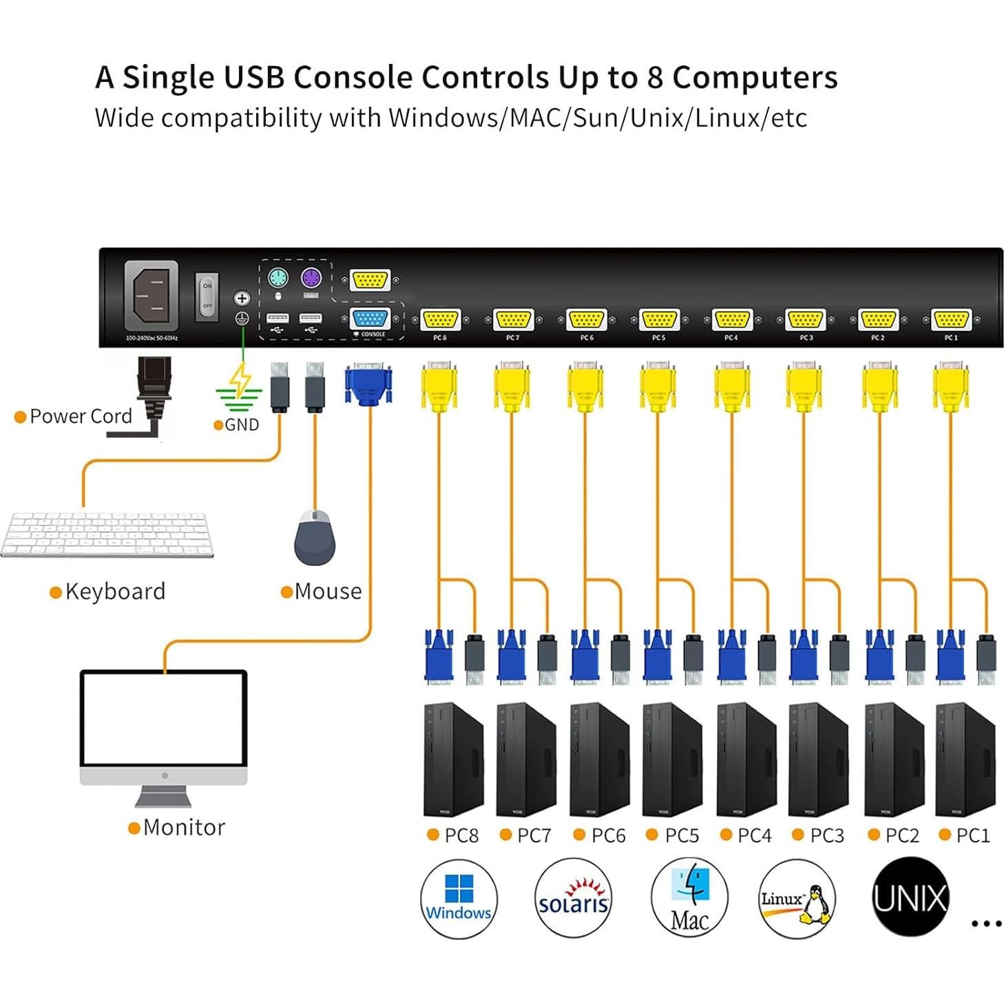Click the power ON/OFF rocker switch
(x=207, y=295)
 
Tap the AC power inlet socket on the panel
(x=151, y=295)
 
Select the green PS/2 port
(x=278, y=278)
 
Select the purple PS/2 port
(x=311, y=278)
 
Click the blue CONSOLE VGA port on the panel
(x=370, y=320)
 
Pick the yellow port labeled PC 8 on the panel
(x=440, y=320)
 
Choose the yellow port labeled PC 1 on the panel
(x=951, y=320)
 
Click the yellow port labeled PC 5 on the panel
(x=659, y=320)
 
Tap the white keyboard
(x=107, y=534)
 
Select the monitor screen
(x=163, y=718)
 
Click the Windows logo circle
(x=459, y=899)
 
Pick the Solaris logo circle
(x=573, y=899)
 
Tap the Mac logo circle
(x=689, y=899)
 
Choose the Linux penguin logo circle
(x=797, y=899)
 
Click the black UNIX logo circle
(x=910, y=897)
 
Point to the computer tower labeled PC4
(x=746, y=759)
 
